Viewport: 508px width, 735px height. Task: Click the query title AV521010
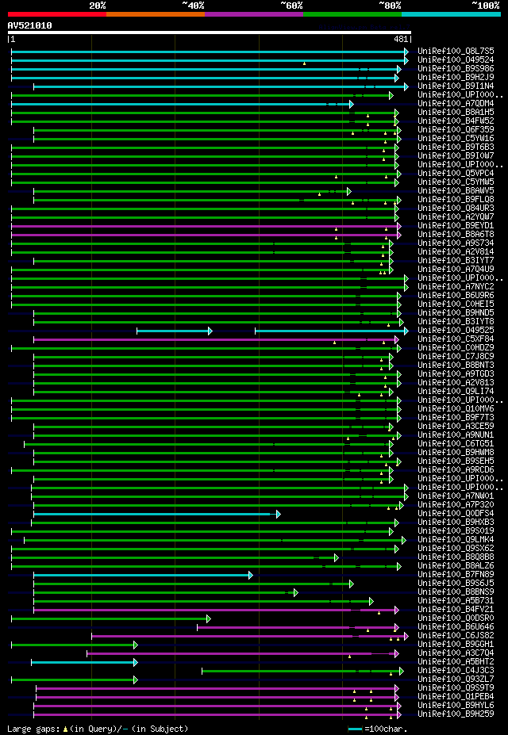(x=29, y=25)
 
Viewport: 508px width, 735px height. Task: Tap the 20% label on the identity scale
(x=98, y=6)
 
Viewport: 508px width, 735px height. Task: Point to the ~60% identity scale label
(x=291, y=6)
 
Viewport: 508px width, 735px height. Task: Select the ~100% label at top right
(x=485, y=6)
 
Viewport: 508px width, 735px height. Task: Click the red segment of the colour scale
(x=56, y=14)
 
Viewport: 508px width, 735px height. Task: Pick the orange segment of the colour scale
(x=155, y=14)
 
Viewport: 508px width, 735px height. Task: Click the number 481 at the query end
(x=401, y=39)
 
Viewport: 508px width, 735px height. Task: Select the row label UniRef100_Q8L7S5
(x=457, y=51)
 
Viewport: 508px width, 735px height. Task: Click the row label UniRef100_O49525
(x=457, y=330)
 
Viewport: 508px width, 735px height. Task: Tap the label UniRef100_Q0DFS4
(x=457, y=513)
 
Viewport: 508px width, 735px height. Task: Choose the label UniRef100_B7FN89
(x=457, y=574)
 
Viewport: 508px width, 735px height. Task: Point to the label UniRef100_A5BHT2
(x=457, y=661)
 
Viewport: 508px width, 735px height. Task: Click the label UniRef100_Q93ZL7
(x=457, y=679)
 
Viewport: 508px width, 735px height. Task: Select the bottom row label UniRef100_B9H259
(x=457, y=714)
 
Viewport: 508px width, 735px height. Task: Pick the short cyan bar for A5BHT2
(x=83, y=662)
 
